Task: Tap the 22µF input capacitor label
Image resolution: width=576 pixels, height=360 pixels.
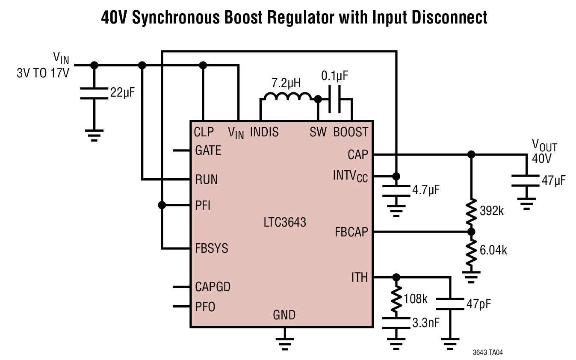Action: tap(122, 92)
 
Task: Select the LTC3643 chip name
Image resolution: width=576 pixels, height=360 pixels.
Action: tap(285, 222)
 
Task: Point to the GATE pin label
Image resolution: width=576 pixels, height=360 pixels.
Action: tap(208, 150)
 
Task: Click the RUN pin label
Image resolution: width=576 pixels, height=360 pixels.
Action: tap(207, 180)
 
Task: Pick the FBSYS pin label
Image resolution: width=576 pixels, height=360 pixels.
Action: tap(212, 248)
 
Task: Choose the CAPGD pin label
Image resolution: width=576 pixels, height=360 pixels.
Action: tap(213, 287)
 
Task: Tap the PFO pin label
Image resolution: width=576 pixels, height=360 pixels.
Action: tap(205, 307)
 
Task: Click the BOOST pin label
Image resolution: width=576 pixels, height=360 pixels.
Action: tap(351, 132)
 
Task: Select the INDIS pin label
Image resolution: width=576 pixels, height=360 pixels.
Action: tap(264, 132)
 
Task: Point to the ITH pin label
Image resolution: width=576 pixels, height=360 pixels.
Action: tap(360, 277)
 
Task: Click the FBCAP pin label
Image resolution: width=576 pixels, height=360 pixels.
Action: tap(351, 232)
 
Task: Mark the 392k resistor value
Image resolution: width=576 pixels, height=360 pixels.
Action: tap(492, 211)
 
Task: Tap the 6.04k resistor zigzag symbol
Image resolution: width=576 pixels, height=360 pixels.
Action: tap(471, 253)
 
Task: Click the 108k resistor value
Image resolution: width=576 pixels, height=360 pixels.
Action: tap(416, 299)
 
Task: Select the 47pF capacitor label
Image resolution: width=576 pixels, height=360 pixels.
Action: tap(479, 304)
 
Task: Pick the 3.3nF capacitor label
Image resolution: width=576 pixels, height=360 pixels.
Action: tap(426, 323)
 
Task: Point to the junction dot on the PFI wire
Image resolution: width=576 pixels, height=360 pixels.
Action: tap(162, 205)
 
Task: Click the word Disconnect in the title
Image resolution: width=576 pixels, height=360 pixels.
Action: tap(449, 18)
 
